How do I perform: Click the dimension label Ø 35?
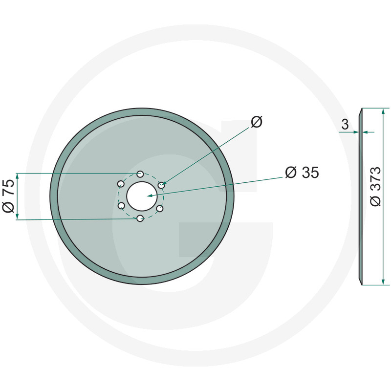pos(302,173)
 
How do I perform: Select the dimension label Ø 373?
pos(375,186)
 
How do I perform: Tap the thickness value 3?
pos(345,125)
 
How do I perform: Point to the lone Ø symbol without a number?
pos(257,122)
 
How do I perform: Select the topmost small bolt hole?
pos(140,174)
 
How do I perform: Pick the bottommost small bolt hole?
pos(140,218)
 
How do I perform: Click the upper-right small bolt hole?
pos(161,185)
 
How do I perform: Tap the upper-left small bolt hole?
pos(120,184)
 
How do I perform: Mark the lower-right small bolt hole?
pos(160,208)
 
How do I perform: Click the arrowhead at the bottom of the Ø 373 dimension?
pos(383,281)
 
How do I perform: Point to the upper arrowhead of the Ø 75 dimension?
pos(18,176)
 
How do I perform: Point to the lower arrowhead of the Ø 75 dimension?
pos(18,217)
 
